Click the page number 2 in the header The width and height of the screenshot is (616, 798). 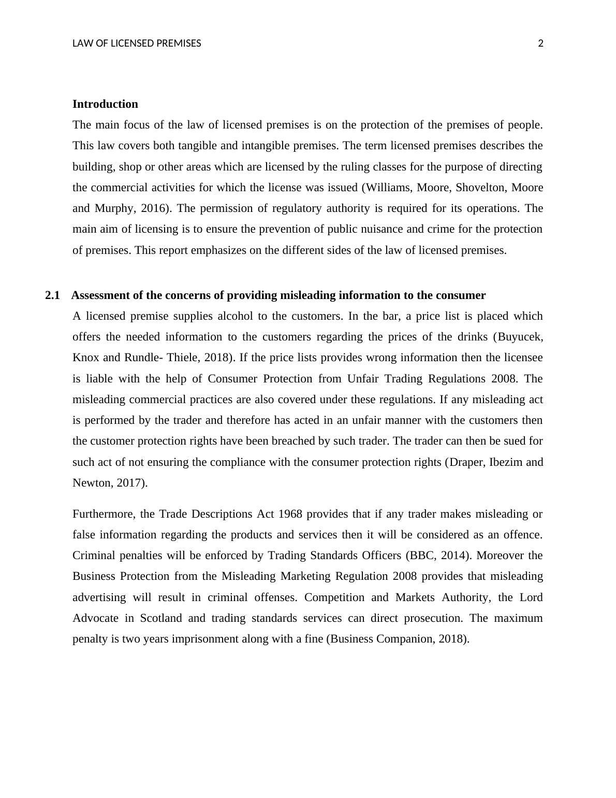[x=541, y=44]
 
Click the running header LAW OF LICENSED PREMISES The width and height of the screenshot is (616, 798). [x=137, y=44]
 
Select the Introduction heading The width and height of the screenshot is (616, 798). [x=105, y=104]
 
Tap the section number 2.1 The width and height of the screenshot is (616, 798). [x=52, y=295]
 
